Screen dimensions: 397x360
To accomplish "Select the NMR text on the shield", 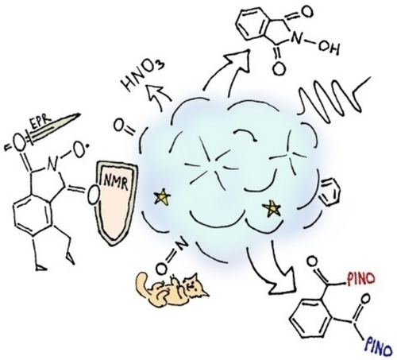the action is tap(116, 182).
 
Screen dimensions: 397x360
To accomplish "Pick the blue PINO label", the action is tap(379, 346).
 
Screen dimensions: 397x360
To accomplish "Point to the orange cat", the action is tap(172, 288).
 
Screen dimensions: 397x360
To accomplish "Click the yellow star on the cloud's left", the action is tap(162, 197).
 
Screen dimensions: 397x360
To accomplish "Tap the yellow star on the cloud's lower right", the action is tap(272, 208).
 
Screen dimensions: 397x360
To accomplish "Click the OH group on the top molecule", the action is tap(329, 48).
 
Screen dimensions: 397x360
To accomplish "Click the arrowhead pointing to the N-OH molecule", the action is tap(239, 60).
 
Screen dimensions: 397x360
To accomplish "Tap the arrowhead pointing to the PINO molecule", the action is tap(282, 282).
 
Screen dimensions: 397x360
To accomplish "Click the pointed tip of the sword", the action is tap(80, 114).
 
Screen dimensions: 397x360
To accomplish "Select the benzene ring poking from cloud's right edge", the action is tap(330, 192).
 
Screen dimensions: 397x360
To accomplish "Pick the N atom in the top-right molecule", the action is tap(296, 39).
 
